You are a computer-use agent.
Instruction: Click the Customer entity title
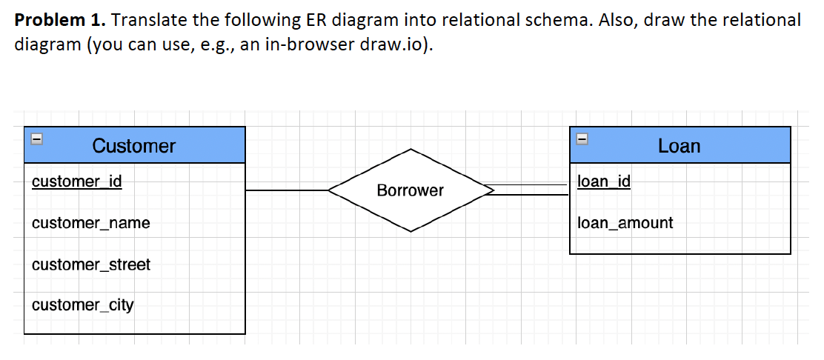coord(133,146)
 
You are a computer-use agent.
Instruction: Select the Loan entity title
coord(678,146)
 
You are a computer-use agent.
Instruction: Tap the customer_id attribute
coord(77,181)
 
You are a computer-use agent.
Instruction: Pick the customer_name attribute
coord(90,223)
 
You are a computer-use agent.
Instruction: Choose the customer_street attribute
coord(90,264)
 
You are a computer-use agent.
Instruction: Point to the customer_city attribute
coord(82,305)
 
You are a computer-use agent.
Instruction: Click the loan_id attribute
coord(603,181)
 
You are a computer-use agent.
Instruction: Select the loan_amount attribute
coord(625,223)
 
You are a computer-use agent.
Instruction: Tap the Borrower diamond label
coord(410,190)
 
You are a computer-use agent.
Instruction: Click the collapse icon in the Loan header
coord(582,139)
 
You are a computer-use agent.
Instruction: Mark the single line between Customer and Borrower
coord(287,190)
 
